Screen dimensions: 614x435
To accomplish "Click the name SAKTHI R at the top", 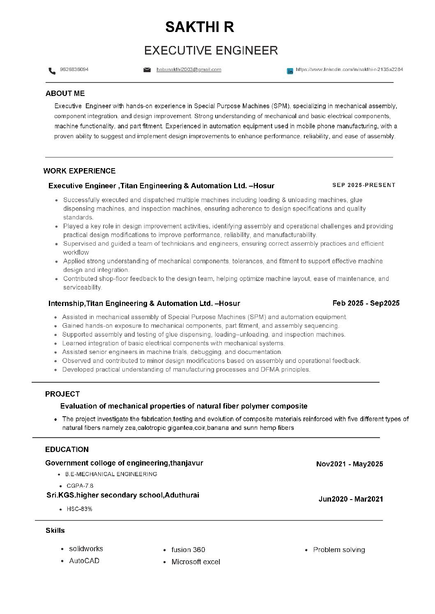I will pyautogui.click(x=200, y=27).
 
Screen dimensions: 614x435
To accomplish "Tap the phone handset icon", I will pyautogui.click(x=52, y=71).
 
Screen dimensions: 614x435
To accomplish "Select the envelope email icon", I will pyautogui.click(x=147, y=70).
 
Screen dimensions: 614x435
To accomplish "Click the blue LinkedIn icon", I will pyautogui.click(x=290, y=71).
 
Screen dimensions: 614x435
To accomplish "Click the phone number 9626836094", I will pyautogui.click(x=74, y=69).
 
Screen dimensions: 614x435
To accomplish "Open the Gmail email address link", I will pyautogui.click(x=189, y=70).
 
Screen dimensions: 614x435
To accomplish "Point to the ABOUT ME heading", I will pyautogui.click(x=65, y=94).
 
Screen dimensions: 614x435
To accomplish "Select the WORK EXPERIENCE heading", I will pyautogui.click(x=79, y=171).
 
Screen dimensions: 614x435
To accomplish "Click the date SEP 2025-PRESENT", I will pyautogui.click(x=364, y=185).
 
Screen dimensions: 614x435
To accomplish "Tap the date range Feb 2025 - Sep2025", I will pyautogui.click(x=366, y=303).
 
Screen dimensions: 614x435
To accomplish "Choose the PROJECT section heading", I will pyautogui.click(x=62, y=394).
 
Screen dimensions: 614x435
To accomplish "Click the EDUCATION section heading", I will pyautogui.click(x=67, y=450).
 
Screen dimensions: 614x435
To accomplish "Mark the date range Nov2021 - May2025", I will pyautogui.click(x=350, y=464).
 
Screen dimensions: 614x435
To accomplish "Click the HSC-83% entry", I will pyautogui.click(x=79, y=509).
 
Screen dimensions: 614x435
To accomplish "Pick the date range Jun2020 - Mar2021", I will pyautogui.click(x=351, y=499).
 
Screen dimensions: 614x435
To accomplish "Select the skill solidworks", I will pyautogui.click(x=86, y=549).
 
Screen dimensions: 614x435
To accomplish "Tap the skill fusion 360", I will pyautogui.click(x=188, y=550).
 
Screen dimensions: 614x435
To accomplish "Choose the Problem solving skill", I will pyautogui.click(x=339, y=550).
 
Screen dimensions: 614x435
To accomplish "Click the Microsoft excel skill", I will pyautogui.click(x=196, y=562).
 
